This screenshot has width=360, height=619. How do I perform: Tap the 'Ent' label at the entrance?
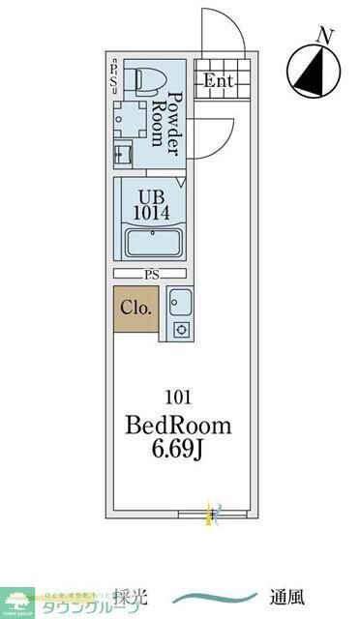218,81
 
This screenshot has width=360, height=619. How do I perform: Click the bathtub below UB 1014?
151,244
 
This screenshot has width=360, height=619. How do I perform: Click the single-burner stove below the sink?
179,330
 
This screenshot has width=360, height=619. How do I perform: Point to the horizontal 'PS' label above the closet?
152,275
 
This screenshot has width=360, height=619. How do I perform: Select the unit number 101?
178,396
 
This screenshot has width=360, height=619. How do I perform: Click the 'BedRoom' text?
179,425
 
